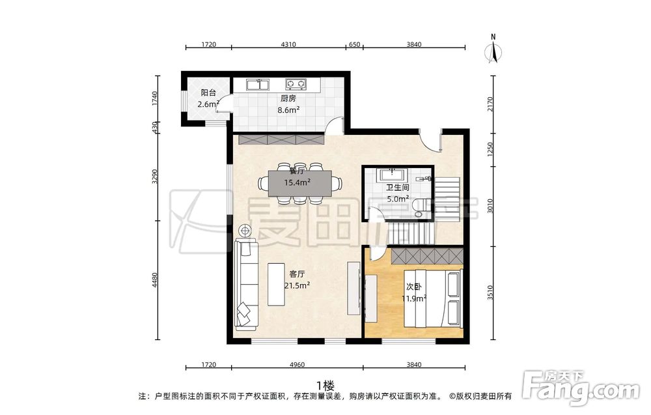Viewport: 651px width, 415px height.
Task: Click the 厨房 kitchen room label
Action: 288,98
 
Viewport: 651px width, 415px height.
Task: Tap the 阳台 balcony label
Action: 208,93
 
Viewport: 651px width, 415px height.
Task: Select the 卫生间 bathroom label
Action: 398,188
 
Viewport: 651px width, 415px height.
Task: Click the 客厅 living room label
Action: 297,274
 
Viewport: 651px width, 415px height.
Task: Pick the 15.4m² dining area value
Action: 298,182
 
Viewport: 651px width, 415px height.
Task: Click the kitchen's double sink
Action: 258,85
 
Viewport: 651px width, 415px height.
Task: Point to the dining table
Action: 300,183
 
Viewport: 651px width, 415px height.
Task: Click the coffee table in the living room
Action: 276,284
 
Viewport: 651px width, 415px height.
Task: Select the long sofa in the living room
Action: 247,285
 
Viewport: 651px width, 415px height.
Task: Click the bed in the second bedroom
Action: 434,298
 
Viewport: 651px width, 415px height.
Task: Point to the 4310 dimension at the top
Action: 288,44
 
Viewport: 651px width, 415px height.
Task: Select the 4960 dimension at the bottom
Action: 297,365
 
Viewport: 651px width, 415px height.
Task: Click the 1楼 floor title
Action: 325,385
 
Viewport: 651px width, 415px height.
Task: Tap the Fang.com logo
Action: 581,387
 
